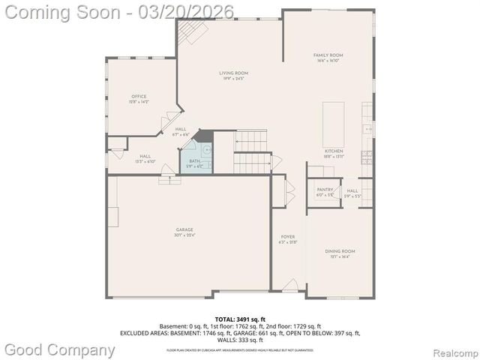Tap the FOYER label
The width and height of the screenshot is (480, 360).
pos(288,238)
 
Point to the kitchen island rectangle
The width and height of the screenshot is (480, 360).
pos(334,124)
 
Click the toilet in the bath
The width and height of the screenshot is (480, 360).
pos(206,148)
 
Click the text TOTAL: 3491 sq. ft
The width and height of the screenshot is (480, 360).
pos(240,319)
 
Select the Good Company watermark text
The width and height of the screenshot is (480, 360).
pos(60,349)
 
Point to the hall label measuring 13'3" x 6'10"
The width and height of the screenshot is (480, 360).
pos(145,158)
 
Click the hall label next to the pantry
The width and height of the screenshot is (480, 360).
pos(352,193)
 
